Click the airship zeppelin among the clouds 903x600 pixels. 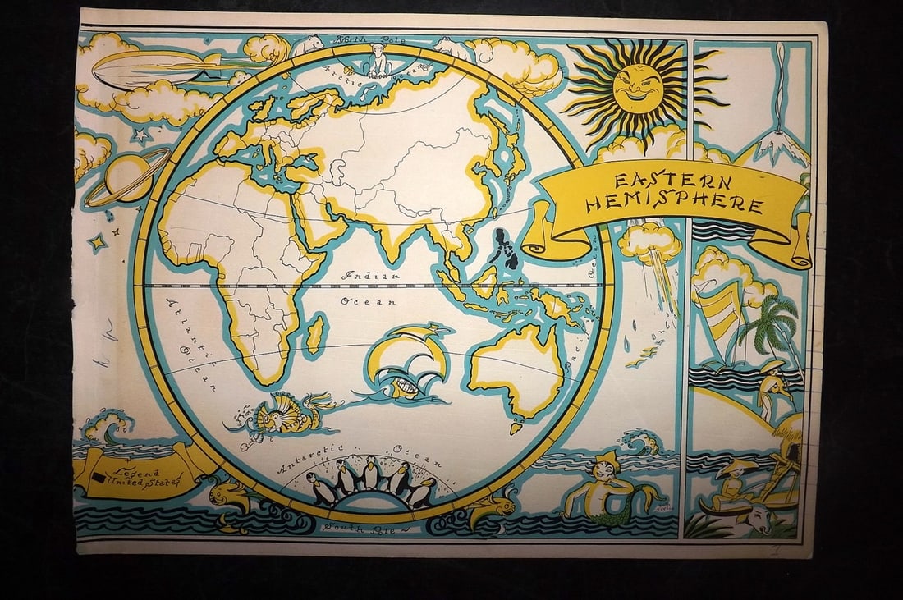pyautogui.click(x=152, y=69)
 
